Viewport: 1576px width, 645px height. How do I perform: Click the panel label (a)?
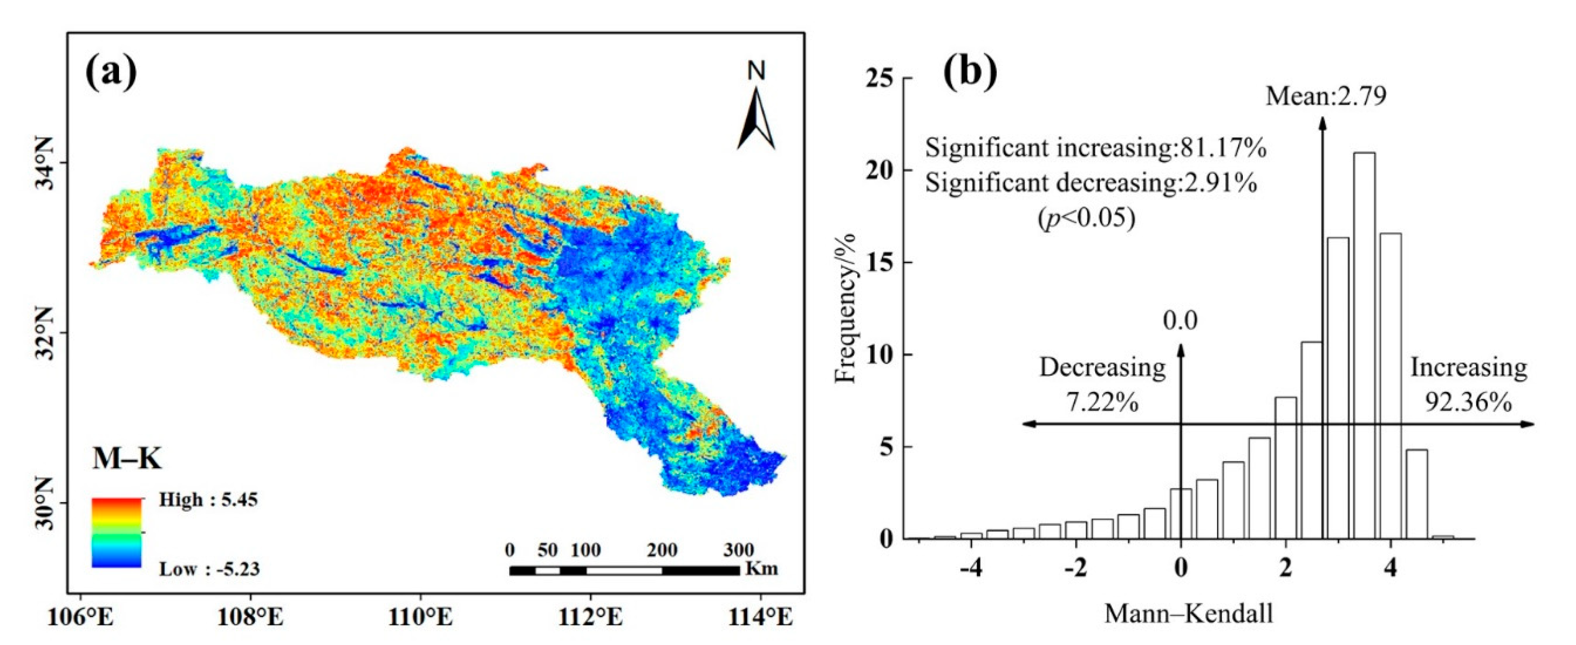click(x=111, y=72)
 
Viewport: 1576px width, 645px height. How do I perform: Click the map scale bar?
click(x=624, y=570)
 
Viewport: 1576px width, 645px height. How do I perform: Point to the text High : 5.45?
click(x=208, y=500)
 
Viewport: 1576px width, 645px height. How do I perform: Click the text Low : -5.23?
click(x=209, y=569)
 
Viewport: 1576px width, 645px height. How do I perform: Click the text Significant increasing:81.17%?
click(x=1095, y=148)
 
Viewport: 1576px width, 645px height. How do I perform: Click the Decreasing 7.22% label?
click(x=1102, y=385)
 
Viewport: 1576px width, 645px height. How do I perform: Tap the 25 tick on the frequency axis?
click(x=878, y=78)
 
